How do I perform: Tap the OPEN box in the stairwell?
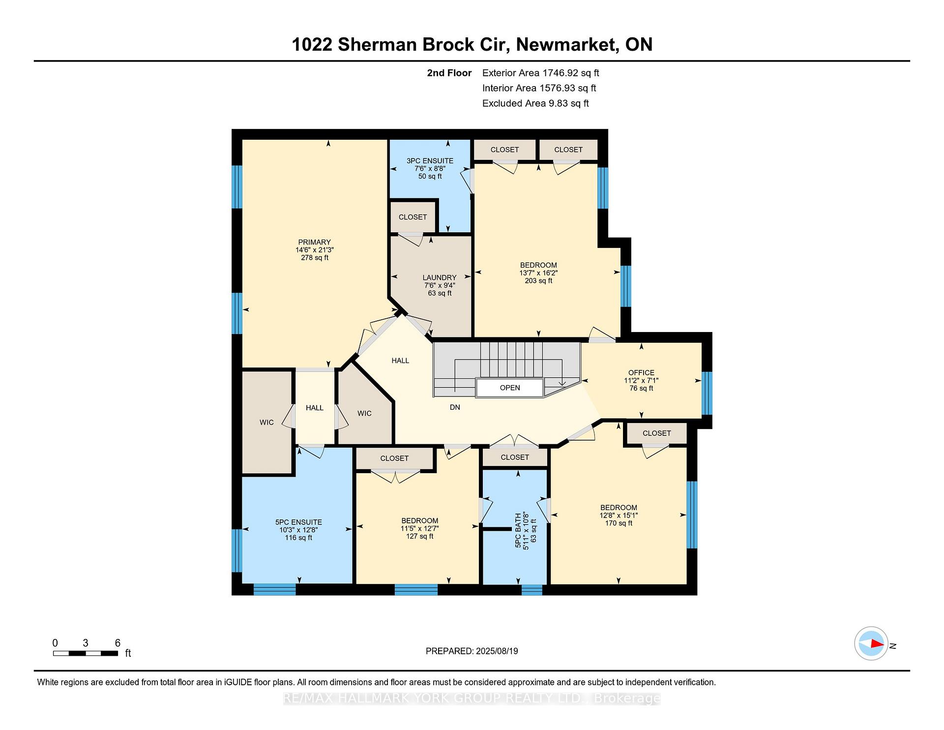(510, 388)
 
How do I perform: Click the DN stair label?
(455, 407)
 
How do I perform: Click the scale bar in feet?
(86, 653)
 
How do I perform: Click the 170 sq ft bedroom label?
(619, 515)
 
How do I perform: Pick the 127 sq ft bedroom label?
(419, 528)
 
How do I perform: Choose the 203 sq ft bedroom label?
(538, 273)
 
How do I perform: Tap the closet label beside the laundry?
(413, 217)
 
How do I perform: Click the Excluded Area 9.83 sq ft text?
(535, 103)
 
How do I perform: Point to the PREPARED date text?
(472, 651)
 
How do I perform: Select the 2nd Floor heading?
(449, 73)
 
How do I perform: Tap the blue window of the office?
(707, 393)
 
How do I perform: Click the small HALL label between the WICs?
(315, 407)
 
